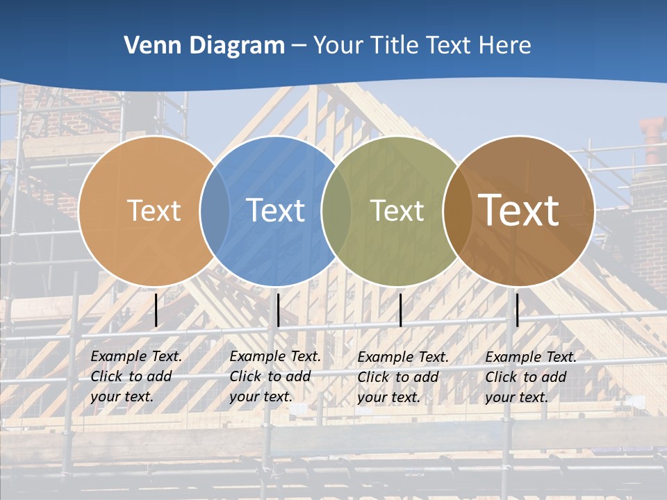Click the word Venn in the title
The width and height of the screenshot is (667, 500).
pyautogui.click(x=149, y=46)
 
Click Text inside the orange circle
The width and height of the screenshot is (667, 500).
pyautogui.click(x=154, y=210)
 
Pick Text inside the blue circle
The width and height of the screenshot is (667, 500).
pyautogui.click(x=276, y=210)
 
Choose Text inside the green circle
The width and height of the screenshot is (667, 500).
pyautogui.click(x=397, y=210)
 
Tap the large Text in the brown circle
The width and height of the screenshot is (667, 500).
pyautogui.click(x=519, y=210)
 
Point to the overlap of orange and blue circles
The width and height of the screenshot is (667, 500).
pyautogui.click(x=215, y=210)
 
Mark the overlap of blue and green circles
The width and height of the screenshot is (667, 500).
pyautogui.click(x=336, y=210)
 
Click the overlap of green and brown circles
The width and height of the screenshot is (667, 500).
pyautogui.click(x=455, y=210)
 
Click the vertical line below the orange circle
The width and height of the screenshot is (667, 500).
pyautogui.click(x=156, y=310)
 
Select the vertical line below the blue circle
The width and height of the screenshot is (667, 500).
pyautogui.click(x=278, y=310)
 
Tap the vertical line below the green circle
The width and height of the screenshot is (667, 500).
pyautogui.click(x=400, y=310)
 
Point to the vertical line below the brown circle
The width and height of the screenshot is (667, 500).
pyautogui.click(x=517, y=310)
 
